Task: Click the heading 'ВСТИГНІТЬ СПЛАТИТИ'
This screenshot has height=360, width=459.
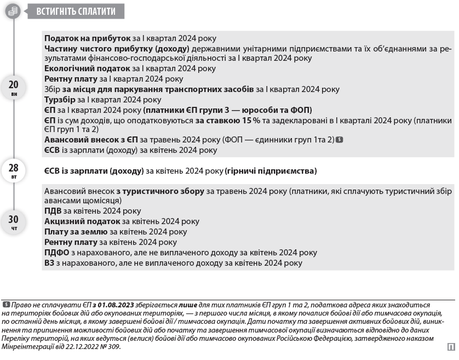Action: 76,11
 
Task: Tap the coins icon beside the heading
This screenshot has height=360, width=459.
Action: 13,11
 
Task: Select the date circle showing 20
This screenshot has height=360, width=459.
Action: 14,87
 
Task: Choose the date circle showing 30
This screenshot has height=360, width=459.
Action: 14,222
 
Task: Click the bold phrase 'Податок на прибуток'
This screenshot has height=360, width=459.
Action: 87,38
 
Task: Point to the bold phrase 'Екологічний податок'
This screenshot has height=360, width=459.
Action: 87,68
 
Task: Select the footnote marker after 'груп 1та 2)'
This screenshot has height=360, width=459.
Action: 340,140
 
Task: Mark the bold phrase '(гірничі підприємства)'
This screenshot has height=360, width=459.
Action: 271,171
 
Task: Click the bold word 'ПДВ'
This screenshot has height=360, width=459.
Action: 53,210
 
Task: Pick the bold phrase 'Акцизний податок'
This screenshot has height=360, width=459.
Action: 82,221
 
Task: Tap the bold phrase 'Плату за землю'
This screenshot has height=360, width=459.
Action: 76,232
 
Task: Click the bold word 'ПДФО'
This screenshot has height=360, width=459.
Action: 56,253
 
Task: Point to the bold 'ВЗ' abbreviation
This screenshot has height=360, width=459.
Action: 49,263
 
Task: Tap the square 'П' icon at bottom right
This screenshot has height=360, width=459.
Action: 451,346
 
